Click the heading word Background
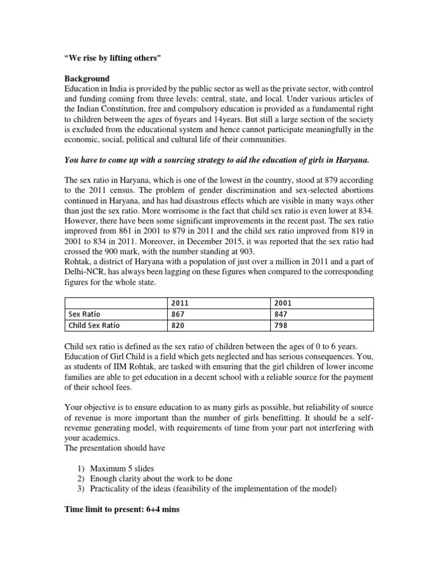tap(86, 78)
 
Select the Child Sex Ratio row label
tap(94, 326)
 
